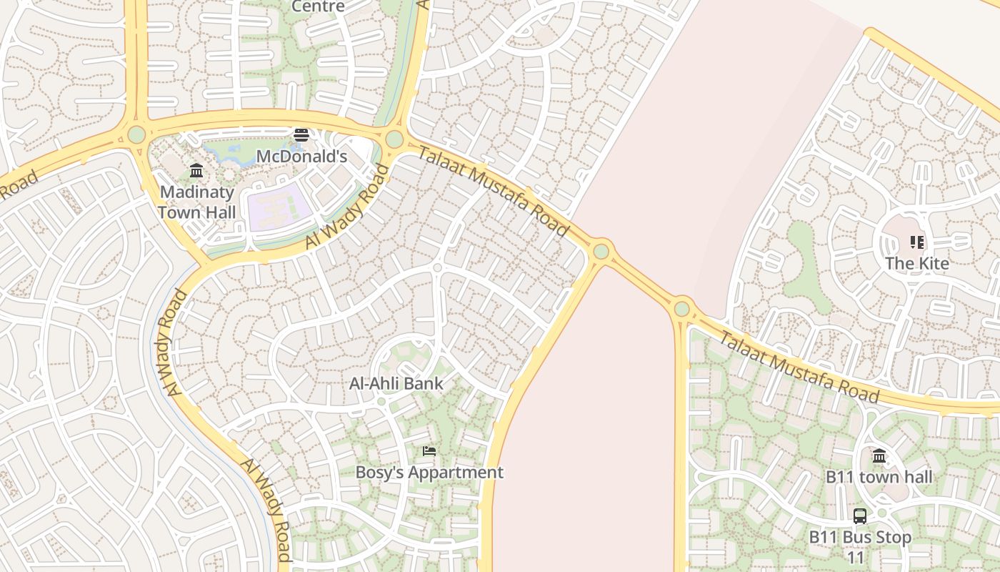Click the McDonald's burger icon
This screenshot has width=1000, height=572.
click(301, 134)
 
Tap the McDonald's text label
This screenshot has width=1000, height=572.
click(301, 156)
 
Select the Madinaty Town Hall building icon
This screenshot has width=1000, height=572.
click(196, 171)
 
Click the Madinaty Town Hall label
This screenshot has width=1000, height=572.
click(196, 202)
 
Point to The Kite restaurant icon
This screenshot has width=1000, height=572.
click(917, 242)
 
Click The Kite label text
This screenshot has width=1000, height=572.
click(917, 263)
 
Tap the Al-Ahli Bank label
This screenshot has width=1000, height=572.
click(396, 383)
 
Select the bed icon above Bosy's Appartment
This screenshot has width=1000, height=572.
click(429, 451)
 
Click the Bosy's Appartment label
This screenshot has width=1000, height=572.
click(429, 473)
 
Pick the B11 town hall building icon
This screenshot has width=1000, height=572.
click(879, 456)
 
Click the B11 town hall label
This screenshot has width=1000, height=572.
click(879, 477)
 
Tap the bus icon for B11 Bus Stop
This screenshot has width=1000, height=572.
click(860, 516)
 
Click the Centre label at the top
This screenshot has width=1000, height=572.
click(319, 6)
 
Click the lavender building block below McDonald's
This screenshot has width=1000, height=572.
click(279, 207)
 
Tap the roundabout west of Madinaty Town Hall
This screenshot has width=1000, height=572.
click(136, 134)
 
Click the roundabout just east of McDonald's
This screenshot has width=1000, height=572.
click(394, 139)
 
